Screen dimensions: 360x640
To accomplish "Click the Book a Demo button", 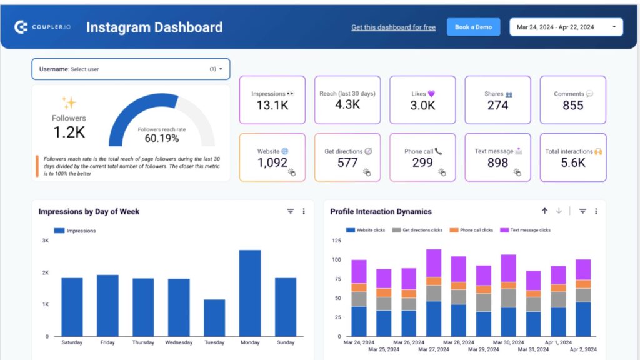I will [473, 27].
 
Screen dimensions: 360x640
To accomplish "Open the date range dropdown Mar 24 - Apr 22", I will [566, 27].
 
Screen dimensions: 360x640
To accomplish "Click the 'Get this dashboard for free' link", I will [393, 27].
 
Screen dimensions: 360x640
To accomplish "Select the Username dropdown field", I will [131, 69].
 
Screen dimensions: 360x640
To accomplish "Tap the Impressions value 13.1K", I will [272, 106].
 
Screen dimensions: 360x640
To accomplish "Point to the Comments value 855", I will [572, 106].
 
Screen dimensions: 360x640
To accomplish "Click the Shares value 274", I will [497, 106].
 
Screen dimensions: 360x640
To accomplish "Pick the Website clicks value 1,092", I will [272, 163].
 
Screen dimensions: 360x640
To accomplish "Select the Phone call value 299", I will [422, 163].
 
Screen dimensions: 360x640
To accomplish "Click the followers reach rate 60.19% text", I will [161, 138].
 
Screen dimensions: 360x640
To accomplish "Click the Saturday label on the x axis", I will [72, 342].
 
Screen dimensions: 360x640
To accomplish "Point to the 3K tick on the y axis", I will [45, 241].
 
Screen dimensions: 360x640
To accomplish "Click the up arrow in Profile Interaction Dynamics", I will [544, 211].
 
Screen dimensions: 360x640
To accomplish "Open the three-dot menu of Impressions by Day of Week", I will [304, 211].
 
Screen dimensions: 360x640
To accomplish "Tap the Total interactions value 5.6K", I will [572, 163].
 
